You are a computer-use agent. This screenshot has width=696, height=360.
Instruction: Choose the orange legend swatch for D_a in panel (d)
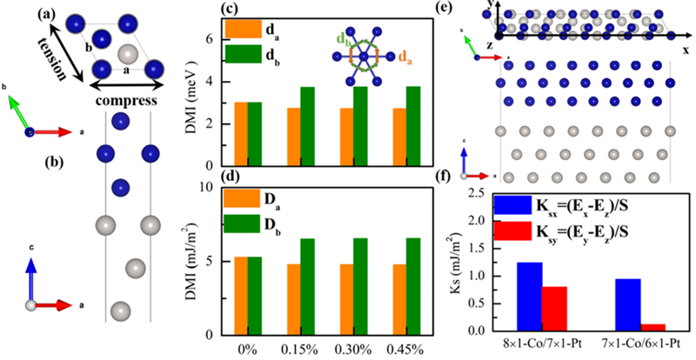[237, 198]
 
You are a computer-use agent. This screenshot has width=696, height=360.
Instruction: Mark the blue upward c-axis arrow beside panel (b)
[32, 278]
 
